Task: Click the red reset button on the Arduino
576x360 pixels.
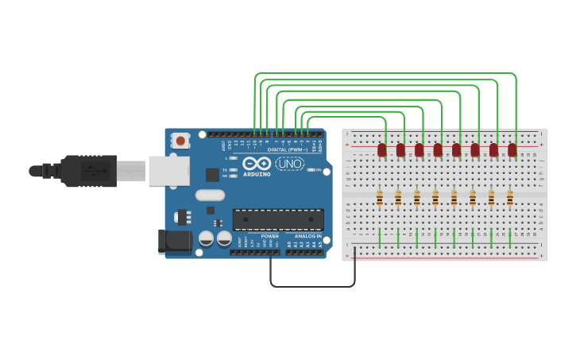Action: coord(180,141)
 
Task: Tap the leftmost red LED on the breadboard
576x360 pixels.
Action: coord(382,149)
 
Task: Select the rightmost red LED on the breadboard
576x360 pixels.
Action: coord(512,149)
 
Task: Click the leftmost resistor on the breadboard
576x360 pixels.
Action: coord(380,198)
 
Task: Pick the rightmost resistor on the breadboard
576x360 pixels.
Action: coord(510,198)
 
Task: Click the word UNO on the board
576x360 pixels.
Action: coord(290,163)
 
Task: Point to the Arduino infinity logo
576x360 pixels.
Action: coord(257,163)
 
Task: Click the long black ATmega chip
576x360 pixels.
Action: coord(278,219)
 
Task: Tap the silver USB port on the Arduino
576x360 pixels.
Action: coord(169,171)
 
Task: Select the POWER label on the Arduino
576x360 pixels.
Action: coord(270,236)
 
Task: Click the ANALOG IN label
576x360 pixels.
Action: coord(308,236)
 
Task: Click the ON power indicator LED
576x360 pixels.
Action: coord(310,170)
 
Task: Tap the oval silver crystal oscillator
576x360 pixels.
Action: coord(211,195)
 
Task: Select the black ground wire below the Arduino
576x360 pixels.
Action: coord(312,286)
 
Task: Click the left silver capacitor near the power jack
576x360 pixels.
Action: coord(206,238)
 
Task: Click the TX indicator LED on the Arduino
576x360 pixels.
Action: coord(233,170)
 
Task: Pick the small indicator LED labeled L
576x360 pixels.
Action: coord(233,158)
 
